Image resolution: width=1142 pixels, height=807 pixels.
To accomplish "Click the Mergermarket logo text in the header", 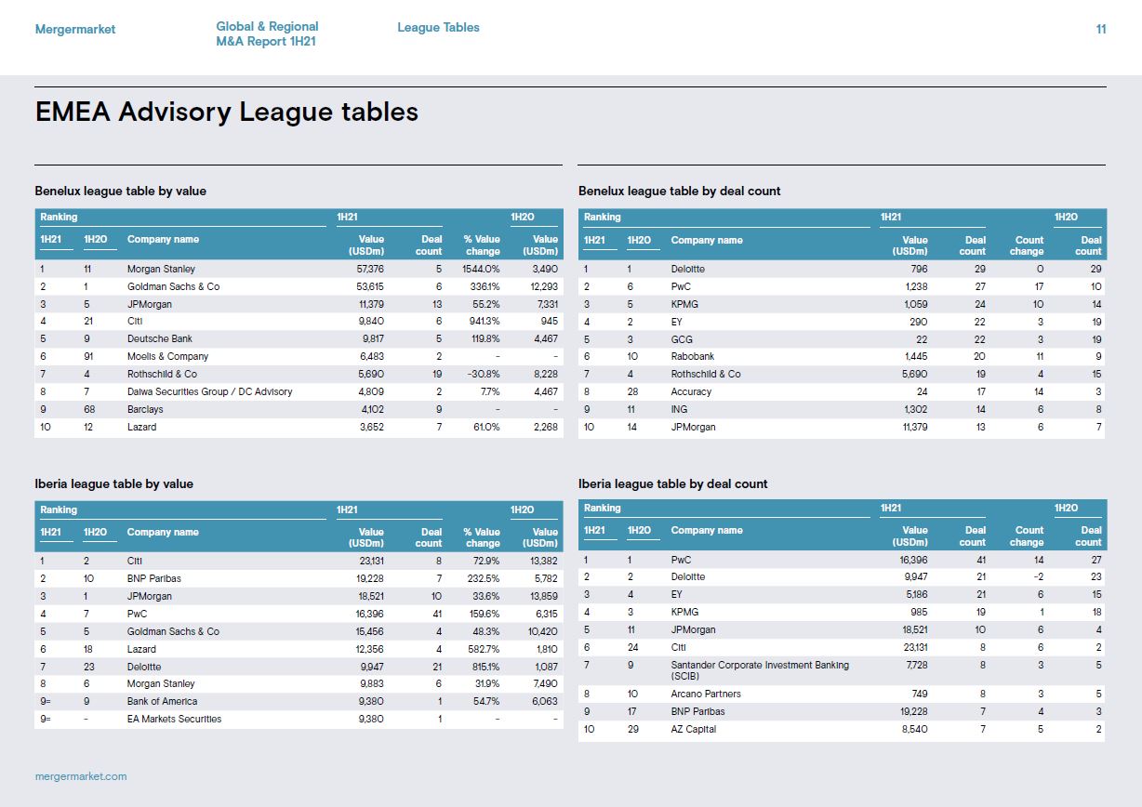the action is coord(75,30).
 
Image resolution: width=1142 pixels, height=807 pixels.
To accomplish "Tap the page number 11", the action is coord(1101,29).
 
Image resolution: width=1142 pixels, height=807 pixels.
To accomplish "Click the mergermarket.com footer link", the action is coord(81,776).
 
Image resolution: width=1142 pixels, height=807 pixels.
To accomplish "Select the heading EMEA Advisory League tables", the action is coord(226,112).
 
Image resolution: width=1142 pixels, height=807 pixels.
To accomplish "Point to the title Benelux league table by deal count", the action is coord(679,192).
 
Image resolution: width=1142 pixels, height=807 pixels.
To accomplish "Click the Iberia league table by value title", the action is coord(113,483).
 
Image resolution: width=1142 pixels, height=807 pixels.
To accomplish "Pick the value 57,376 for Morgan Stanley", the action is coord(370,269).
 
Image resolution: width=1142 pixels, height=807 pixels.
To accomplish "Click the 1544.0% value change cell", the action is coord(481,269).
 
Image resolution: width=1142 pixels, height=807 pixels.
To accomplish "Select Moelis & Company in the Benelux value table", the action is coord(167,356).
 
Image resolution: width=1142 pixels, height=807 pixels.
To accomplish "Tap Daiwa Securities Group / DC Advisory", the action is coord(209,391).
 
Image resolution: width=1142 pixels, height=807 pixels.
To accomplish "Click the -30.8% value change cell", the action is coord(484,374).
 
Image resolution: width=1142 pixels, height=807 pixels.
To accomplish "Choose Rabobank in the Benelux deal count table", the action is coord(692,356).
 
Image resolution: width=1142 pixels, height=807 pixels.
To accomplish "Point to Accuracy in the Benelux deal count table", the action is coord(691,391).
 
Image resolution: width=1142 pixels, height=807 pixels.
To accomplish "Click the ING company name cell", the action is coord(679,409).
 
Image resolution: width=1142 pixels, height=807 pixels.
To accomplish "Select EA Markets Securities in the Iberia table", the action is coord(174,719).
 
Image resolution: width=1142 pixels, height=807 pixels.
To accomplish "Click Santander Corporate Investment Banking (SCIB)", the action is coord(760,670).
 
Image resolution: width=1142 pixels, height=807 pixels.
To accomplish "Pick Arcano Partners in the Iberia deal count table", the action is coord(706,694).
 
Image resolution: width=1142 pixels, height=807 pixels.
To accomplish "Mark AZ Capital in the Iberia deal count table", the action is coord(694,729).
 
